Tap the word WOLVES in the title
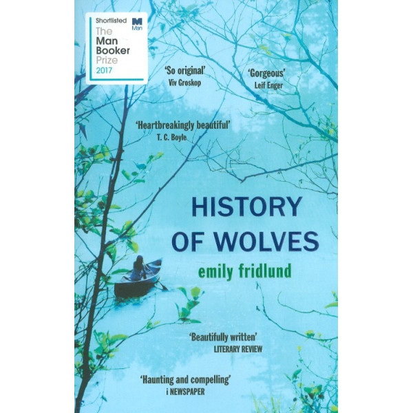coord(273,242)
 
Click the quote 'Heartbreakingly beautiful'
coord(182,125)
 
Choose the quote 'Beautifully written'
coord(224,337)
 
